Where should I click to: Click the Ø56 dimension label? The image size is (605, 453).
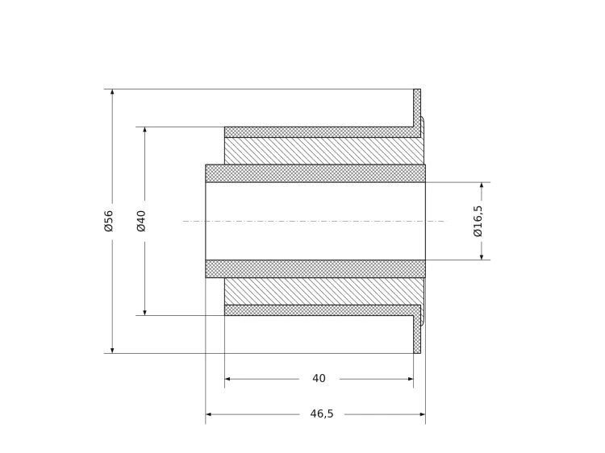pos(109,221)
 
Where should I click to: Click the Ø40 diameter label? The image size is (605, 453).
pos(141,221)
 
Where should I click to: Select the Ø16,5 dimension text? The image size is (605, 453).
pos(478,221)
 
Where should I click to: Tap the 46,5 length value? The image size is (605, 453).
pos(321,414)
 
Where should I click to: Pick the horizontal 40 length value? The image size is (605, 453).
pos(319,378)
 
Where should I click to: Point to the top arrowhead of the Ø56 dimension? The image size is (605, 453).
pos(112,92)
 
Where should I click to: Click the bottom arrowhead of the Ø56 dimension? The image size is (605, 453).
pos(112,350)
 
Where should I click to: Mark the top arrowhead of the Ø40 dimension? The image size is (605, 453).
pos(144,130)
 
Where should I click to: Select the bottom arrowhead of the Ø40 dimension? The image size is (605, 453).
pos(144,312)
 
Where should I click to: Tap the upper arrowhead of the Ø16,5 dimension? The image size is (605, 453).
pos(482,185)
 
